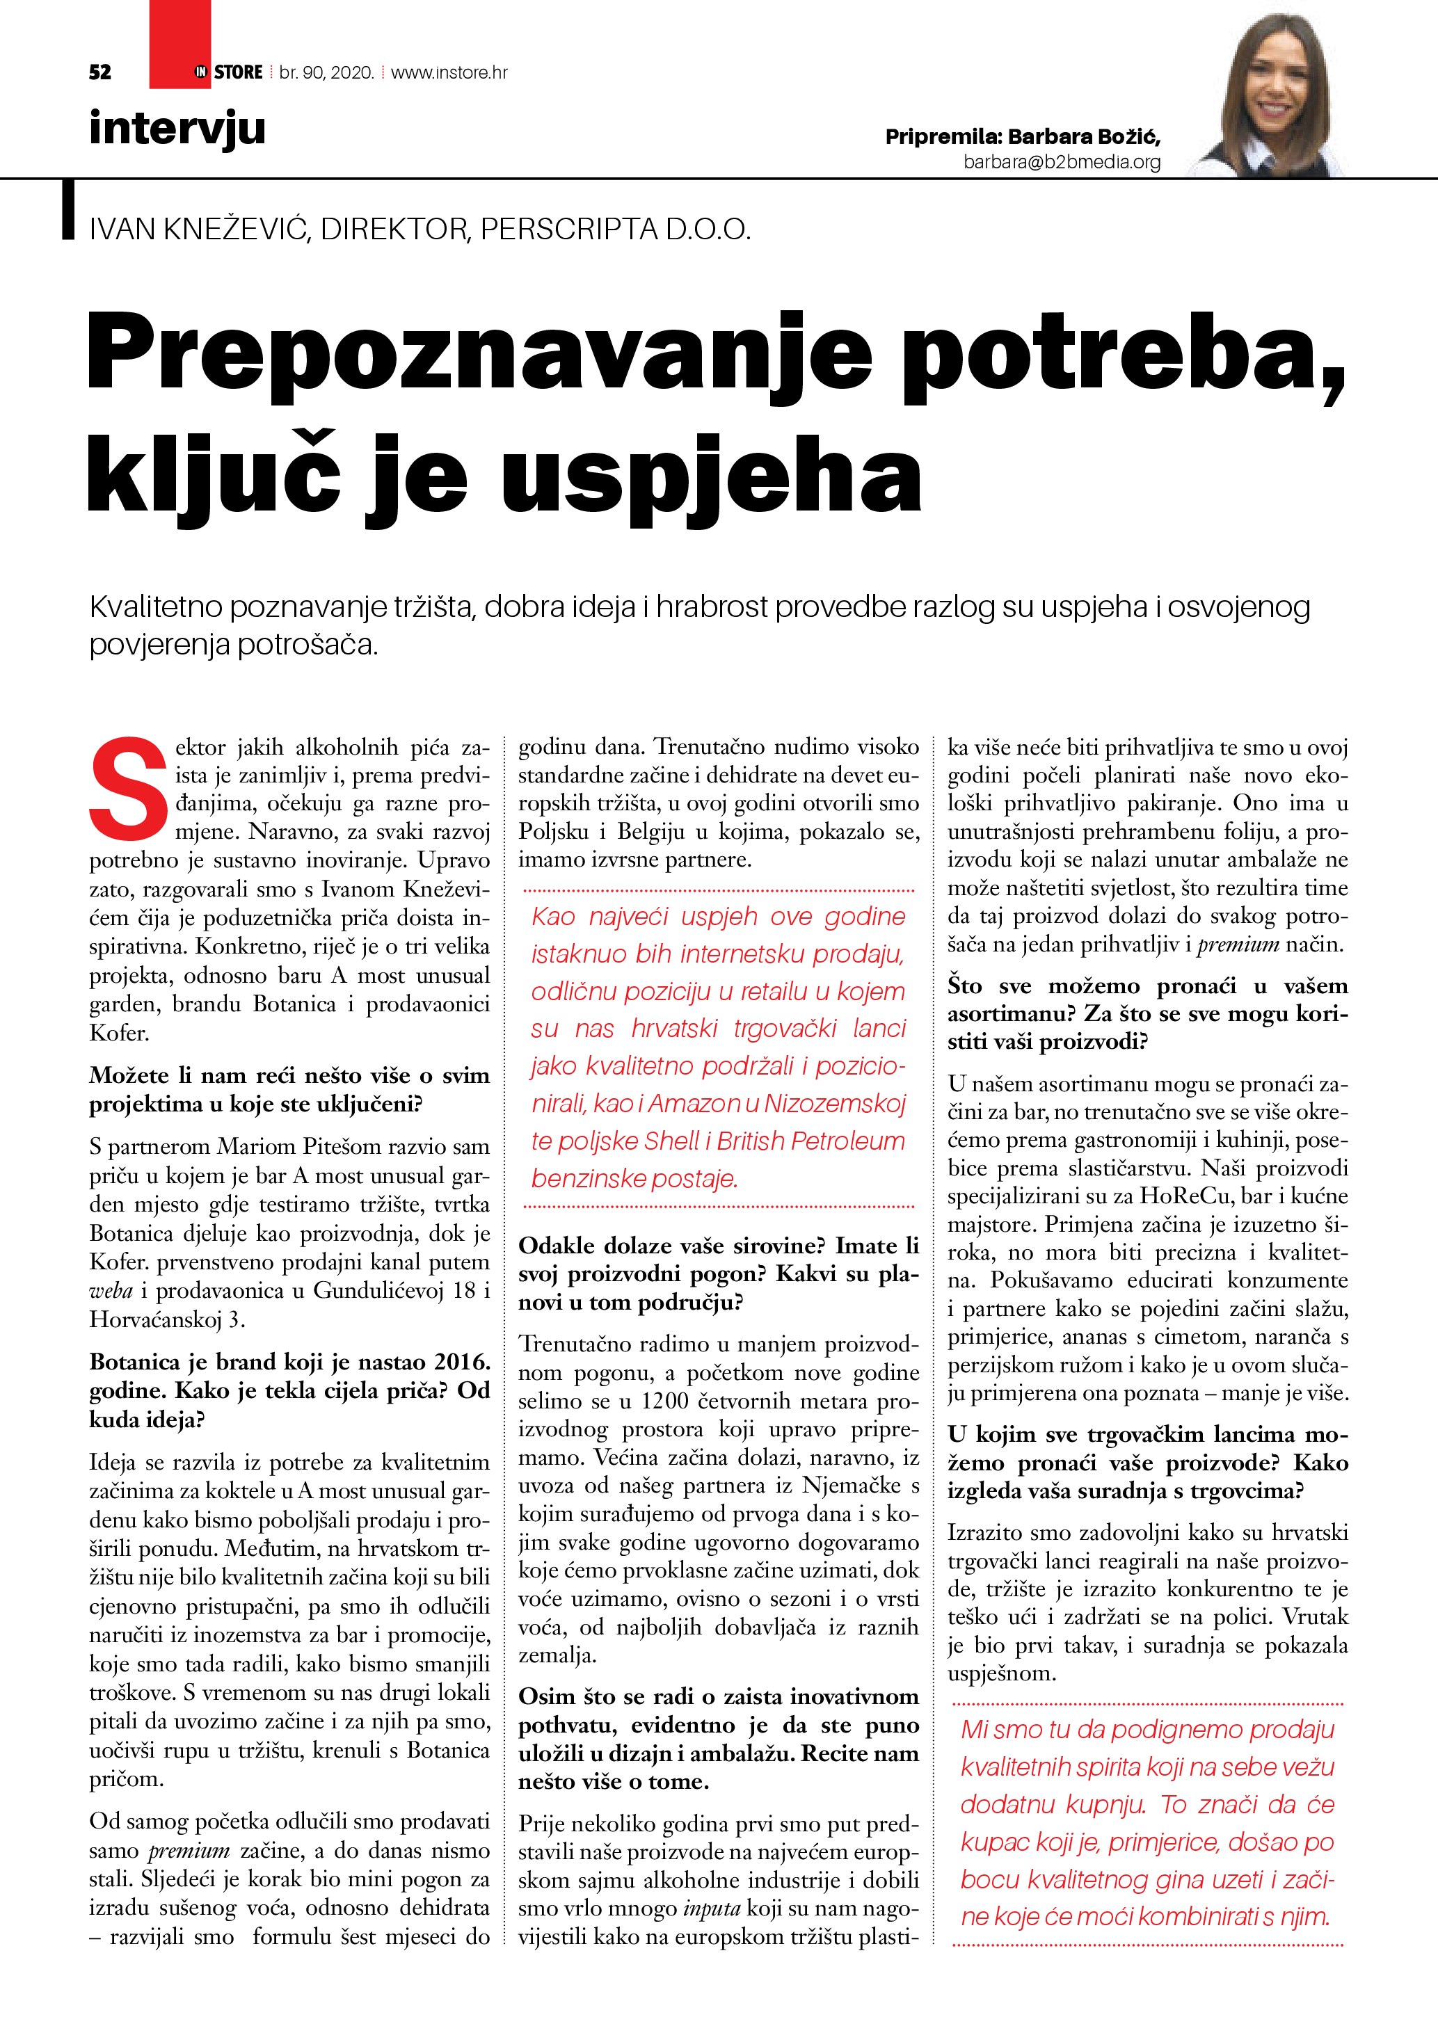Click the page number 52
(100, 72)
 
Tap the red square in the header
(179, 45)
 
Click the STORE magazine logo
(230, 72)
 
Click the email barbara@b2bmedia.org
(1062, 162)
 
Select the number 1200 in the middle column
(669, 1401)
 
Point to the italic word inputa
(711, 1909)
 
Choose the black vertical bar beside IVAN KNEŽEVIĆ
(68, 210)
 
